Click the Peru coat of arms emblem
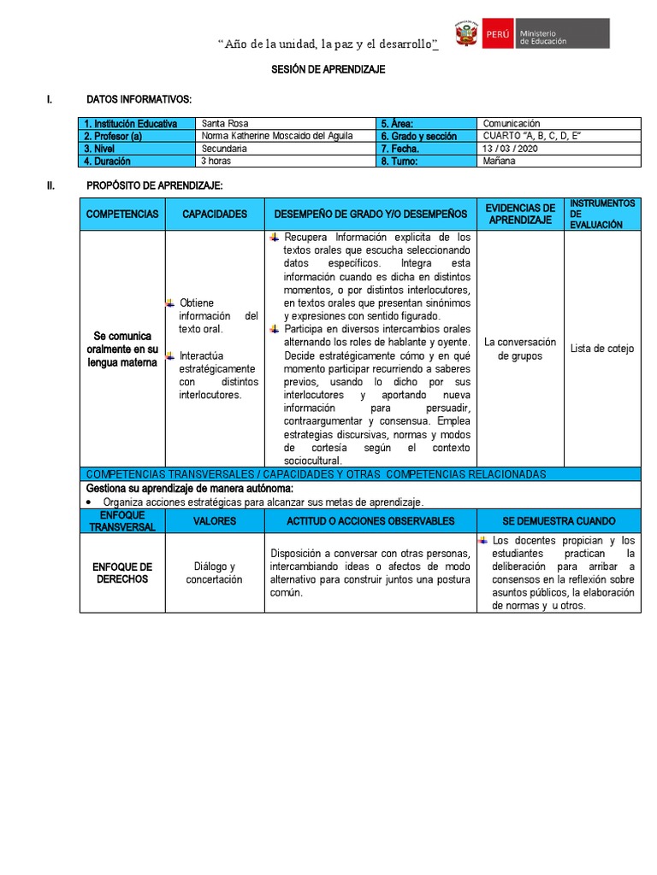coord(465,35)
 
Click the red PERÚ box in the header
coord(497,35)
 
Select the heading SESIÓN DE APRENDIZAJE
coord(328,70)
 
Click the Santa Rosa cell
coord(224,124)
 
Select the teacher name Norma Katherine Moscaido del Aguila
coord(276,136)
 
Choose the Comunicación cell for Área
coord(512,124)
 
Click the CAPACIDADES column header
coord(215,214)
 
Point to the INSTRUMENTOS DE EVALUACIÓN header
coord(602,214)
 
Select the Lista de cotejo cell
coord(602,349)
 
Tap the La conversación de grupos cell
coord(520,349)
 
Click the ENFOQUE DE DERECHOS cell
coord(122,573)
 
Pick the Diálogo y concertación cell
coord(215,573)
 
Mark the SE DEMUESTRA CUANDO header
coord(559,521)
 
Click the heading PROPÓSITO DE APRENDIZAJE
coord(154,186)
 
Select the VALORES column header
coord(215,521)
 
